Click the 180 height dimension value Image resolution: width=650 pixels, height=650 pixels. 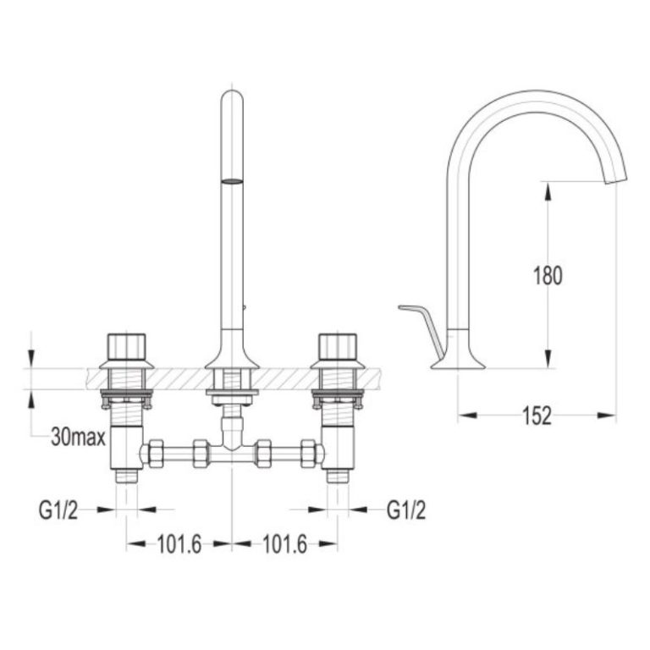point(548,276)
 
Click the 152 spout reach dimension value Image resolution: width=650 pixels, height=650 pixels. point(537,416)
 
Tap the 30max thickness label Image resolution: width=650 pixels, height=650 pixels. point(79,437)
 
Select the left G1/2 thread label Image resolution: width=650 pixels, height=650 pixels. point(58,510)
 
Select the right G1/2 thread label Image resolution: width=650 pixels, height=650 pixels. point(406,510)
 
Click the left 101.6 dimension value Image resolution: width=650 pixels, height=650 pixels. point(179,544)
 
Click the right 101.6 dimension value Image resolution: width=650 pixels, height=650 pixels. point(285,544)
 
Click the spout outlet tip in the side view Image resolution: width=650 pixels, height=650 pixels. point(616,178)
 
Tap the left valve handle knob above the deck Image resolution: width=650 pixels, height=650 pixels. point(126,346)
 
